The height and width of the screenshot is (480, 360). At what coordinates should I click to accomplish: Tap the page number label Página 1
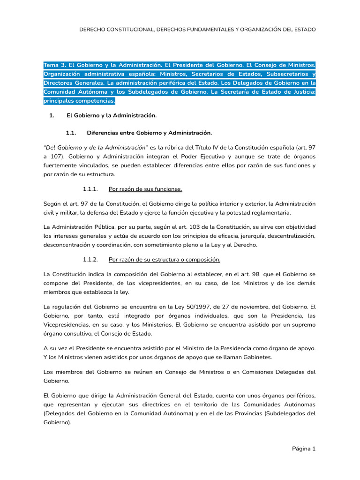coord(304,449)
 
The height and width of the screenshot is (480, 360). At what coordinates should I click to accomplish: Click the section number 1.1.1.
coord(90,189)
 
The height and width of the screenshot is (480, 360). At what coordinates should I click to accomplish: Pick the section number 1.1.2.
coord(90,259)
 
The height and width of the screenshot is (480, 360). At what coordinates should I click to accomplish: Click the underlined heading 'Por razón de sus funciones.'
coord(145,189)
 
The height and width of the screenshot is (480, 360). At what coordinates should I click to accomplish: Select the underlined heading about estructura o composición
coord(164,259)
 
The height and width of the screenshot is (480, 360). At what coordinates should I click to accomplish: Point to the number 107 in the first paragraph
coord(59,157)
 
